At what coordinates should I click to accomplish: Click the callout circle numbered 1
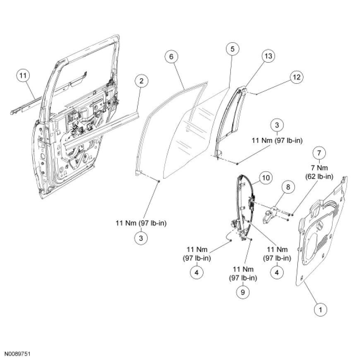pos(319,309)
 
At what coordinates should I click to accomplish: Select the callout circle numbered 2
pos(142,81)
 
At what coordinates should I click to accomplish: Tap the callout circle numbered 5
pos(233,49)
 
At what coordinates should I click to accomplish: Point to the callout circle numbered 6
pos(172,57)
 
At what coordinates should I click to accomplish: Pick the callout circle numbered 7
pos(319,153)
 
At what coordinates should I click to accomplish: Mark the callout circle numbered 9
pos(243,292)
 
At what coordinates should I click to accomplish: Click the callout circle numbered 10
pos(265,178)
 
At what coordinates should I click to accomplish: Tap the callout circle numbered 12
pos(296,77)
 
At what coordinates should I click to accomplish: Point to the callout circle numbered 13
pos(269,56)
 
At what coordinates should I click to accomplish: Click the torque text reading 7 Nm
pos(319,168)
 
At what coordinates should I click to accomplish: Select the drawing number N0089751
pos(18,354)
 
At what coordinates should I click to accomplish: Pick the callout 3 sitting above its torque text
pos(277,125)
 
